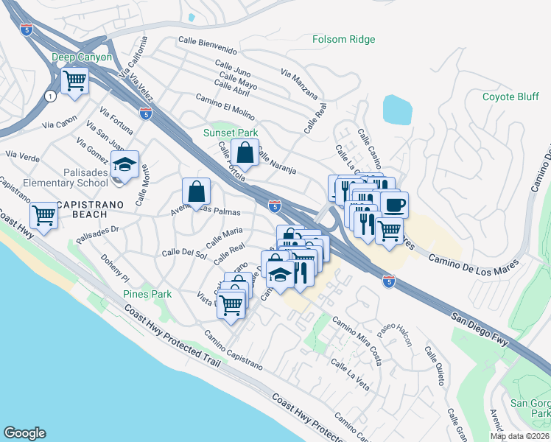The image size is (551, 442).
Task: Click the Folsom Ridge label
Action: point(343,39)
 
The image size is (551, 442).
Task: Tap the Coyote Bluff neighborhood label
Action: point(512,97)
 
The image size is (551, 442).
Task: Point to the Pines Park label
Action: point(147,294)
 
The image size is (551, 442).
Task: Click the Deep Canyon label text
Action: point(82,57)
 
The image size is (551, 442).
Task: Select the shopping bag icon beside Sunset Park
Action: point(245,153)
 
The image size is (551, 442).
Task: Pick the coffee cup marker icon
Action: point(395,204)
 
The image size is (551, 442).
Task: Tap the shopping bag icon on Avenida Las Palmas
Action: point(197,192)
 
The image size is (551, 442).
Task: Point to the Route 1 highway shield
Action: point(49,96)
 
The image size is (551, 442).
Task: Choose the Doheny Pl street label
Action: point(115,269)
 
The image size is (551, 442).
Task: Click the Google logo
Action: point(24,433)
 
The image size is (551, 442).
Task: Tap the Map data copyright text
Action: point(519,436)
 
